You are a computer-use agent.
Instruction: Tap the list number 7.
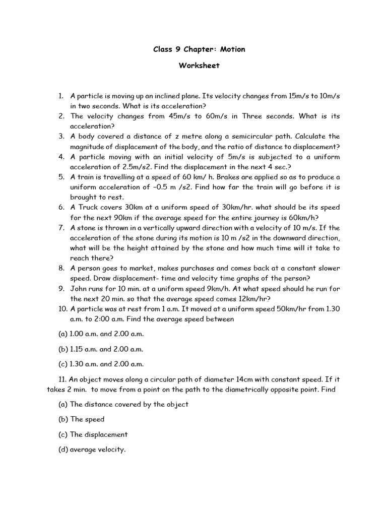pyautogui.click(x=60, y=228)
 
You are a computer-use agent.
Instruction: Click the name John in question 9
pyautogui.click(x=79, y=288)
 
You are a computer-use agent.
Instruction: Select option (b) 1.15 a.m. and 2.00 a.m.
pyautogui.click(x=101, y=349)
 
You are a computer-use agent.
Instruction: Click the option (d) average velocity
pyautogui.click(x=92, y=449)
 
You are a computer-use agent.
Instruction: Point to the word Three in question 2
pyautogui.click(x=256, y=116)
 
